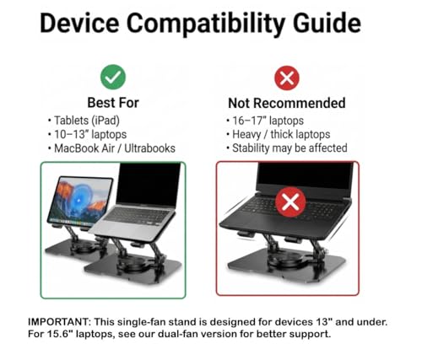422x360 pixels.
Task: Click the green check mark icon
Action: coord(113,77)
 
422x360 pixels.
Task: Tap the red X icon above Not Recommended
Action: coord(287,78)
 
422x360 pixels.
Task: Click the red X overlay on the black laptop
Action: coord(290,202)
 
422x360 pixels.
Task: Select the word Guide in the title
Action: coord(327,23)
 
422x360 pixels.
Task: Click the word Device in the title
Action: coord(79,23)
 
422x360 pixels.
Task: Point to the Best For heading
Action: coord(113,103)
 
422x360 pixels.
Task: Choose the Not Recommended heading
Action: coord(287,103)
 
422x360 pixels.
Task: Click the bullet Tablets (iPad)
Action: coord(84,121)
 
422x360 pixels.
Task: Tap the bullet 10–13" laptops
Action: coord(87,134)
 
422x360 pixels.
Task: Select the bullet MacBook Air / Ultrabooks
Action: coord(111,148)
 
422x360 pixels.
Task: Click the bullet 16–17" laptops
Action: coord(265,121)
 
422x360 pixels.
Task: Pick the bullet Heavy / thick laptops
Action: coord(279,135)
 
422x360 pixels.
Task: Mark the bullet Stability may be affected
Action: coord(287,148)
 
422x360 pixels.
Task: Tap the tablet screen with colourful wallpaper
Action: coord(80,200)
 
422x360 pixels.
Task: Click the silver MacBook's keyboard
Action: coord(138,217)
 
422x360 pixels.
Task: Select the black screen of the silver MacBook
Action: coord(149,184)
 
